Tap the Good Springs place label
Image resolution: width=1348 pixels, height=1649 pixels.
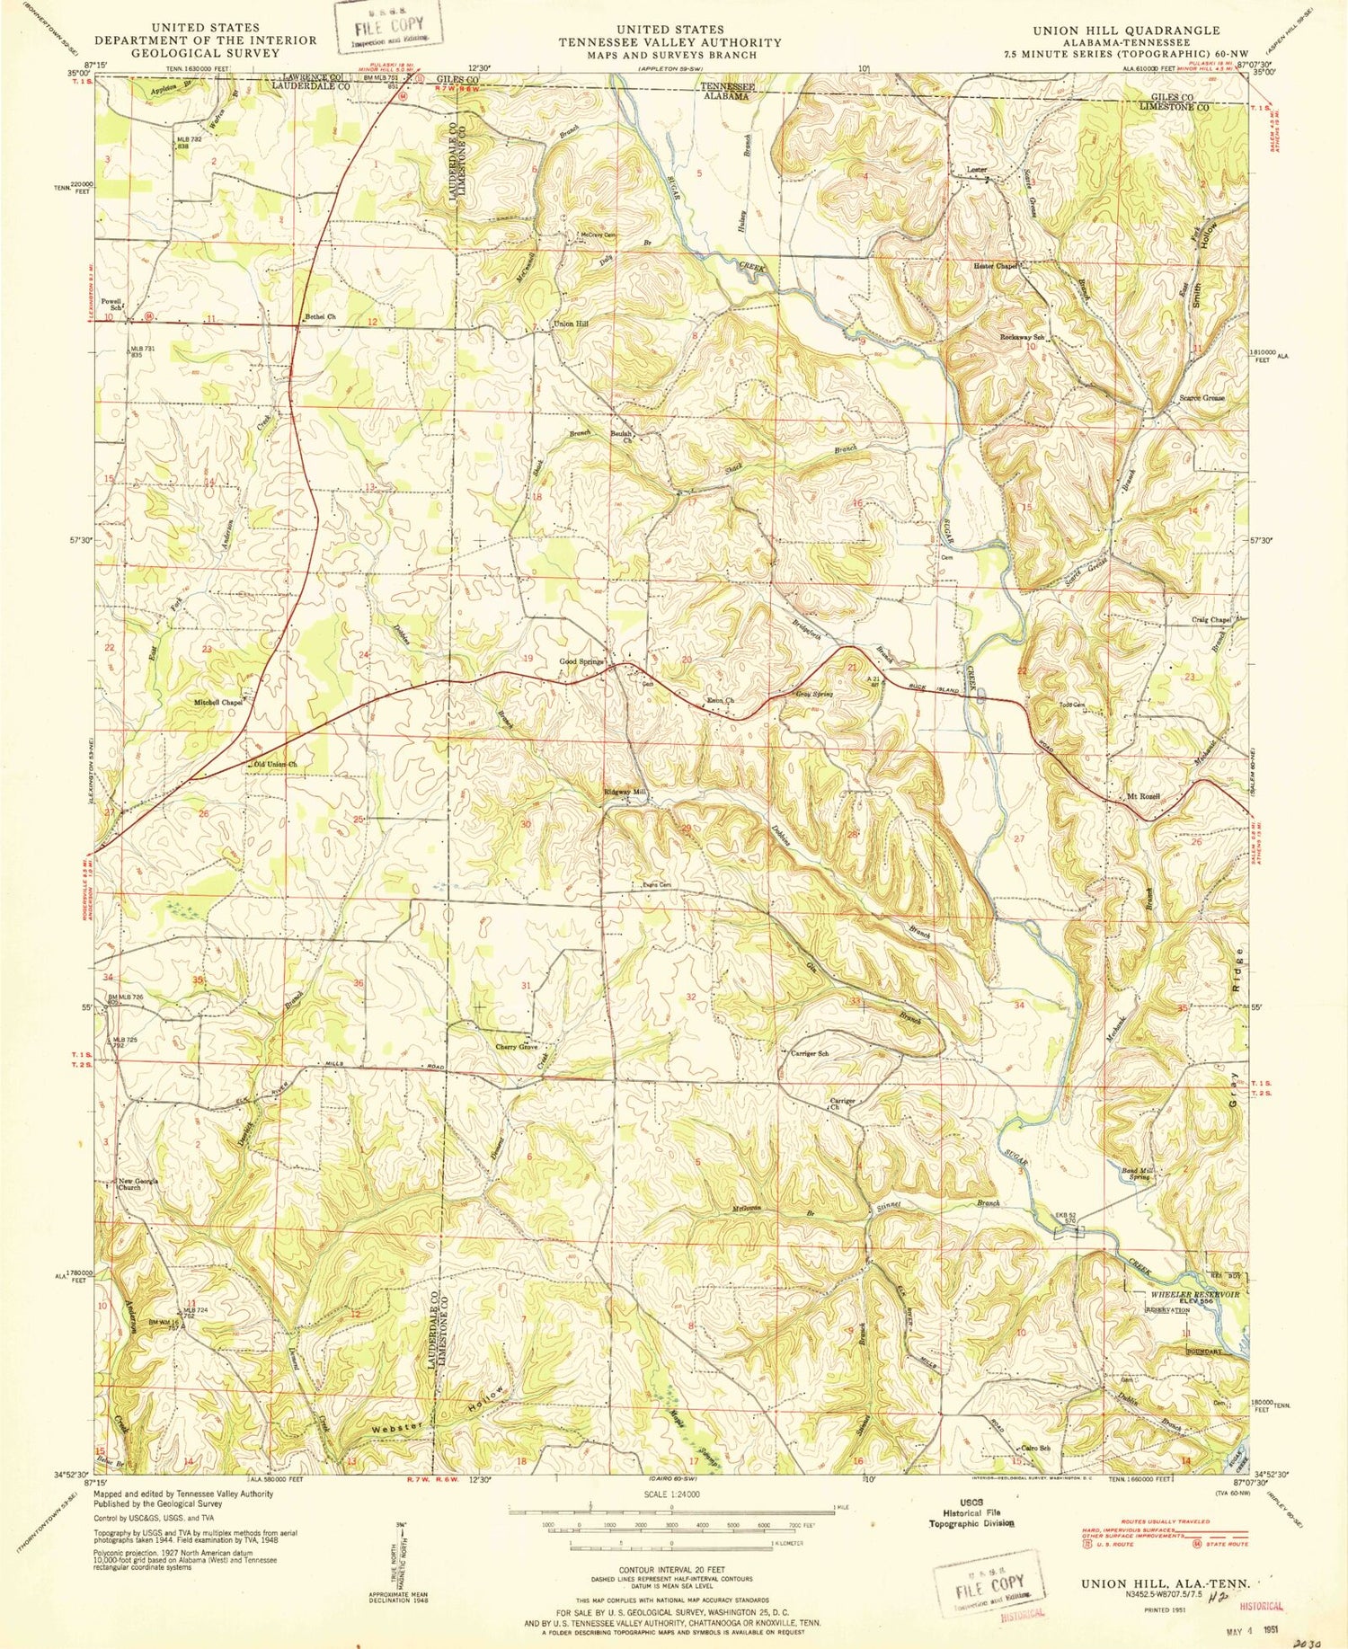point(581,662)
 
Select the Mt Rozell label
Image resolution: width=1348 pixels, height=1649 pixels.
point(1143,797)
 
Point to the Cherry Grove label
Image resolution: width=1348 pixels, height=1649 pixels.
point(516,1047)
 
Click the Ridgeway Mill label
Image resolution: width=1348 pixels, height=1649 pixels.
point(625,793)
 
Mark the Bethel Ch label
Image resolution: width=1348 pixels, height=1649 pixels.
point(320,317)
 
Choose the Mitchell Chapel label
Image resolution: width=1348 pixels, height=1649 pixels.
point(218,702)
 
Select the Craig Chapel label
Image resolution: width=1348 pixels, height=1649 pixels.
point(1211,619)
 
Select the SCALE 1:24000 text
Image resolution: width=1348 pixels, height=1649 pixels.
point(670,1494)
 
